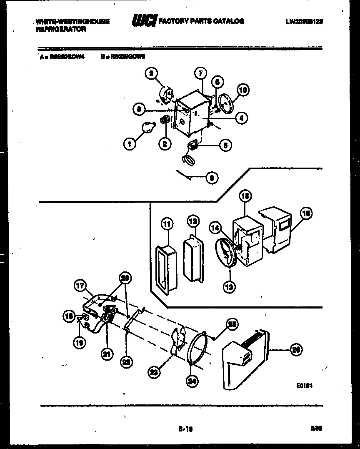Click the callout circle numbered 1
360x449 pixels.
(x=130, y=144)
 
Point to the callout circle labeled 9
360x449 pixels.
(x=212, y=178)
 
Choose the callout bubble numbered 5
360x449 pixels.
(x=225, y=146)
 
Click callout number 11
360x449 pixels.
(x=167, y=224)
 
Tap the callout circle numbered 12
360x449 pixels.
(x=192, y=221)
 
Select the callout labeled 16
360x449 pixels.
(x=306, y=214)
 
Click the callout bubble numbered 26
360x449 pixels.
(x=295, y=349)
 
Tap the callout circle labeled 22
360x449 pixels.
(x=126, y=362)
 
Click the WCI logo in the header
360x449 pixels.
(x=144, y=20)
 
